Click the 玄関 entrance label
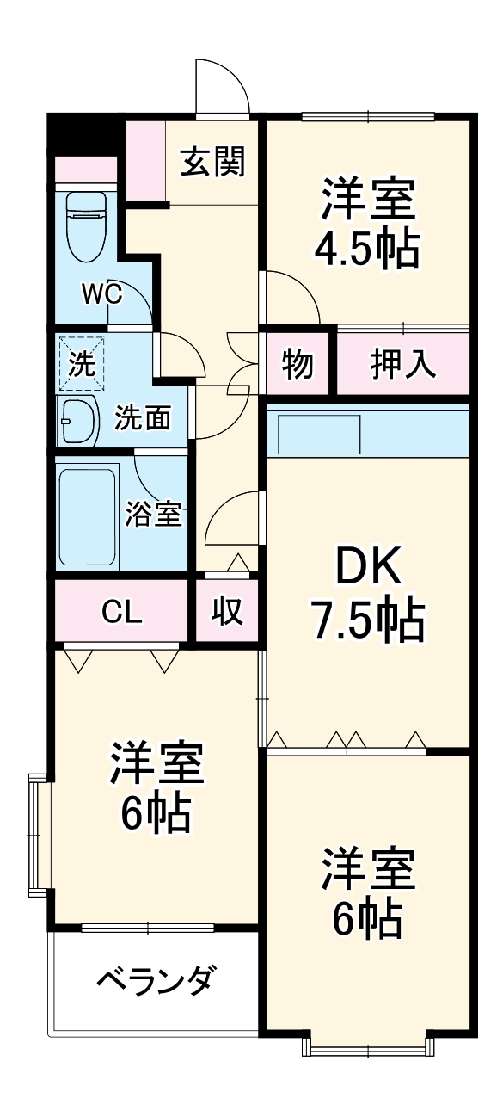(x=212, y=160)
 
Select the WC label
(x=101, y=294)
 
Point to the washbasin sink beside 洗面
(x=80, y=419)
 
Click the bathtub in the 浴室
(x=87, y=515)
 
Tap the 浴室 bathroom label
(x=154, y=514)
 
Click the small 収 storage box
(x=228, y=612)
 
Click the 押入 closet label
(x=403, y=364)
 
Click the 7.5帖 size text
(x=367, y=620)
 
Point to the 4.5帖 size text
(x=367, y=249)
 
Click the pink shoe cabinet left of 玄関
(x=144, y=161)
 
